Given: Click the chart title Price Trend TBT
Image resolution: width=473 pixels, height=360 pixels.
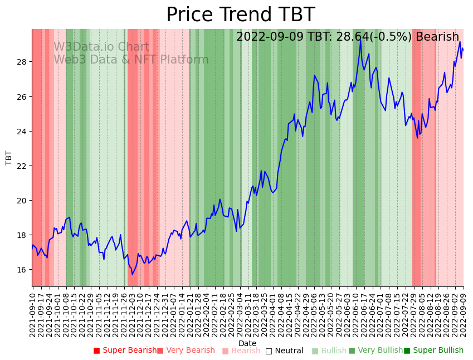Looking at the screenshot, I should click(x=240, y=15).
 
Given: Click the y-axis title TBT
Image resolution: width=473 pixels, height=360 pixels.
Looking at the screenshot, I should click(x=9, y=158).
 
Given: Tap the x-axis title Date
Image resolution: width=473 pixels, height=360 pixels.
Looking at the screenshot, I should click(x=247, y=343).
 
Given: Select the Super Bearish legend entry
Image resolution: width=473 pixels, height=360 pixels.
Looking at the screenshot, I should click(x=125, y=351).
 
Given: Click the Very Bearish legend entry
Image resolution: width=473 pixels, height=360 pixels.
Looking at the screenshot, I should click(x=186, y=351).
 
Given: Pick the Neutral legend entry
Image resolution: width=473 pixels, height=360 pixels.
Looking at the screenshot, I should click(x=284, y=351).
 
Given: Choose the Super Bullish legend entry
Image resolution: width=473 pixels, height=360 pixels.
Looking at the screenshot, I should click(x=433, y=351).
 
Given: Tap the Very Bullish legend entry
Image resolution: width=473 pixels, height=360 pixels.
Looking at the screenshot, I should click(x=376, y=351).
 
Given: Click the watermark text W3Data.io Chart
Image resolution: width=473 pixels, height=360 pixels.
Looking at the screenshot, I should click(x=101, y=47).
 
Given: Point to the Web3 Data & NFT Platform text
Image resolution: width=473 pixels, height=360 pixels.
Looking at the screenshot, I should click(x=131, y=60).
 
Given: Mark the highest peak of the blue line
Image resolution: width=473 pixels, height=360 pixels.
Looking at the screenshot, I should click(x=360, y=39).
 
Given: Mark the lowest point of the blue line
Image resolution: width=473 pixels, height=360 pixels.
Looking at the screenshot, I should click(x=132, y=274).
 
